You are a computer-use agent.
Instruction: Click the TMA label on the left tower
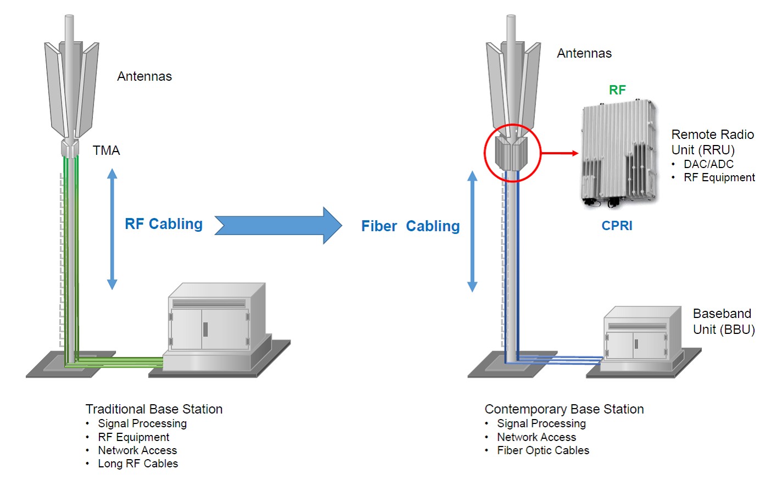tap(106, 150)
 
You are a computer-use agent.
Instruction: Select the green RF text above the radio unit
tap(617, 90)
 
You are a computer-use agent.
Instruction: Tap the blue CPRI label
tap(617, 226)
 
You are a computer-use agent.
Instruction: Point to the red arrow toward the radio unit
tap(560, 153)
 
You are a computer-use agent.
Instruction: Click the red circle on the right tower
tap(512, 153)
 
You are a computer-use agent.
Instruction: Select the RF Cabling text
tap(164, 224)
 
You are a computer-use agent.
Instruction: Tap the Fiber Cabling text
tap(410, 226)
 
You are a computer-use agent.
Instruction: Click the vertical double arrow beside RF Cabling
tap(112, 229)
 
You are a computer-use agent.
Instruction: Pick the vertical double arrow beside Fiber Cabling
tap(472, 231)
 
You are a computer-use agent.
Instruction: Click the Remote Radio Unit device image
tap(619, 154)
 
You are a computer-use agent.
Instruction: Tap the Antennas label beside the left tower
tap(144, 76)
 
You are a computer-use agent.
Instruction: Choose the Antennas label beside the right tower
tap(584, 53)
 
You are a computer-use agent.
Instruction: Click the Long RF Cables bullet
tap(138, 464)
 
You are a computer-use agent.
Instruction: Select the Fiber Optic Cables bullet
tap(543, 450)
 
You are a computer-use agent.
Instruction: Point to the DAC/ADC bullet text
tap(708, 164)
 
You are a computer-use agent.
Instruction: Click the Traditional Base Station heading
tap(154, 409)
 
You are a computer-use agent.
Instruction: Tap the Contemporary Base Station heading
tap(564, 409)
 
